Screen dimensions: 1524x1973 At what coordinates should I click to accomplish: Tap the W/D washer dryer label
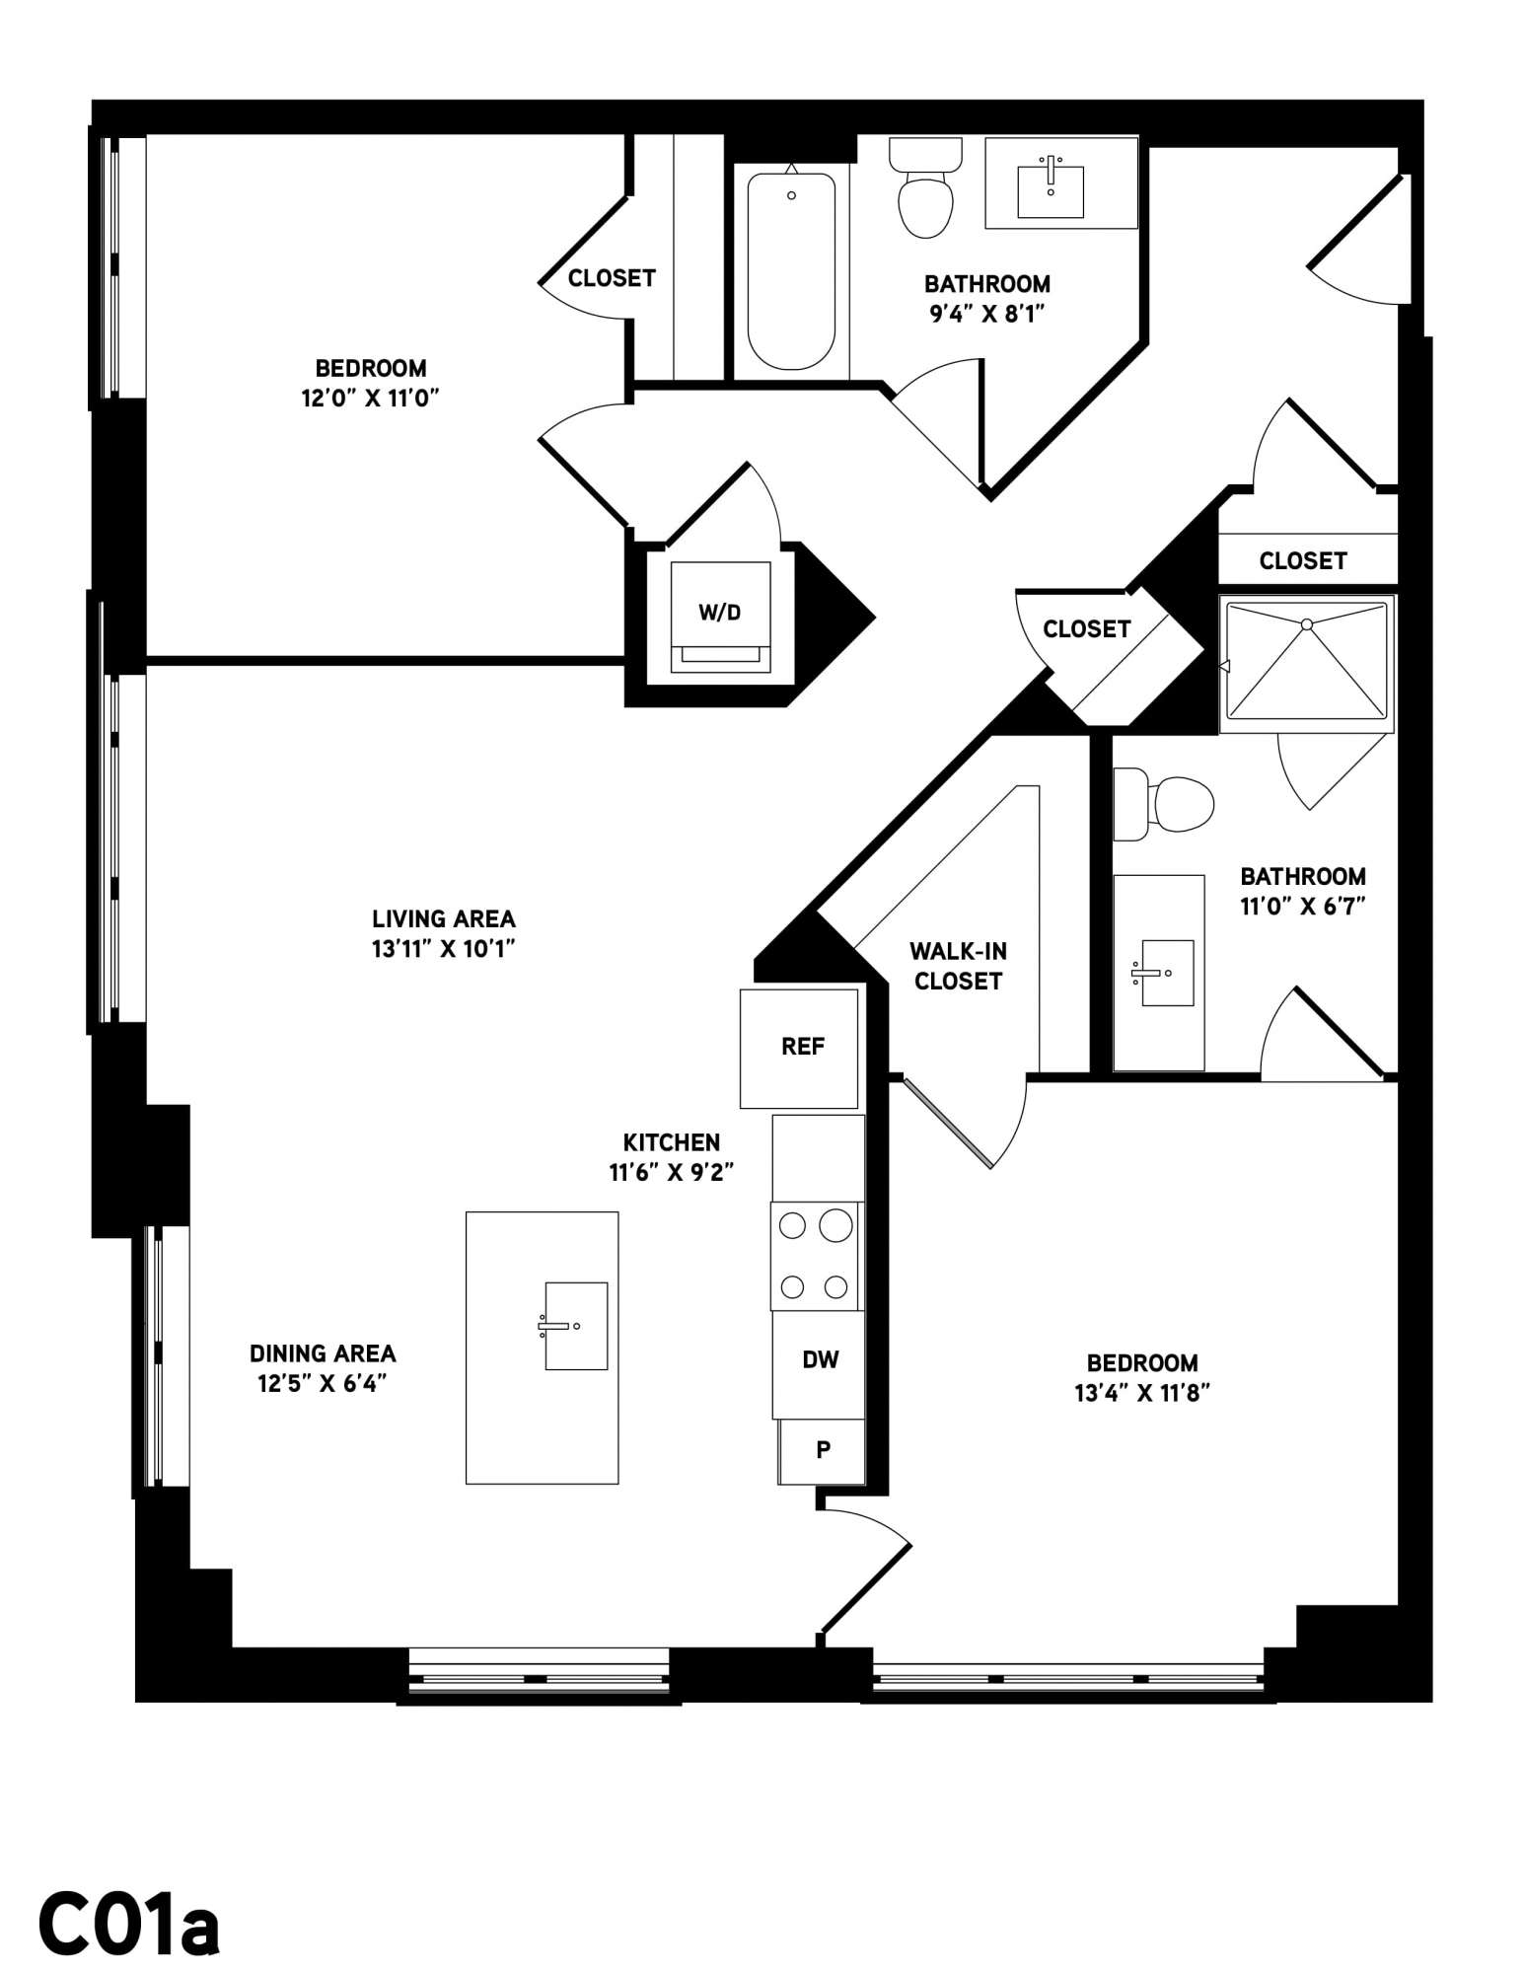pos(719,613)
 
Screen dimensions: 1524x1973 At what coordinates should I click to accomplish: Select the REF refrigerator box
pos(799,1048)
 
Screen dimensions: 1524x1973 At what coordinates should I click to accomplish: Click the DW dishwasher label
pos(820,1360)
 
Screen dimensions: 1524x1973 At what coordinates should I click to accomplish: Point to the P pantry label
pos(823,1449)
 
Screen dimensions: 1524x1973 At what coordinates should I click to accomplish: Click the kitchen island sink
pos(576,1326)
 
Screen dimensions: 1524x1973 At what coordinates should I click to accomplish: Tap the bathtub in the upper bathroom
pos(791,271)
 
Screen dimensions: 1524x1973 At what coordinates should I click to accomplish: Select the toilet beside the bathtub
pos(925,187)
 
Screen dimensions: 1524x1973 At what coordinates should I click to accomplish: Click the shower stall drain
pos(1307,624)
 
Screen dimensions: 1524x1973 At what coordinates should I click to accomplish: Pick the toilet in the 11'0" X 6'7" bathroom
pos(1163,804)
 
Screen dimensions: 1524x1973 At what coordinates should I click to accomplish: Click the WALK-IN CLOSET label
pos(958,966)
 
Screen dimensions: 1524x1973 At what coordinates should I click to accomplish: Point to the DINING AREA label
pos(323,1353)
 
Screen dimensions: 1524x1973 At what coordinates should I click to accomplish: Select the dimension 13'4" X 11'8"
pos(1142,1393)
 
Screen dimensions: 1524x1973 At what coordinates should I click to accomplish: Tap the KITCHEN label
pos(672,1142)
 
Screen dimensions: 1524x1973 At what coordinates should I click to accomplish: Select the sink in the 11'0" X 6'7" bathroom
pos(1167,973)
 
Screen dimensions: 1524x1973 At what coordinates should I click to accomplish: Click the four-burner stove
pos(816,1256)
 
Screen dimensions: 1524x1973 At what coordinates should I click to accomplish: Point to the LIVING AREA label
pos(444,919)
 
